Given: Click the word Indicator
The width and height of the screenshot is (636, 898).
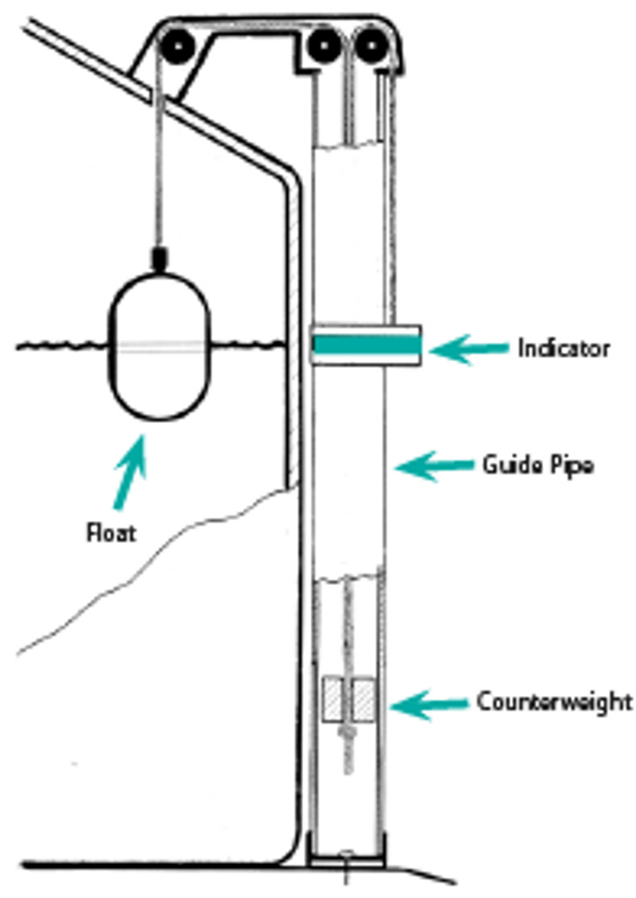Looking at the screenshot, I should tap(563, 348).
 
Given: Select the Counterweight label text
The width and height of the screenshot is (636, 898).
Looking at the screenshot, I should tap(554, 702).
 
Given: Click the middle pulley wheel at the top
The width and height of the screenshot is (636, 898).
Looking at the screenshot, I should tap(324, 45).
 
